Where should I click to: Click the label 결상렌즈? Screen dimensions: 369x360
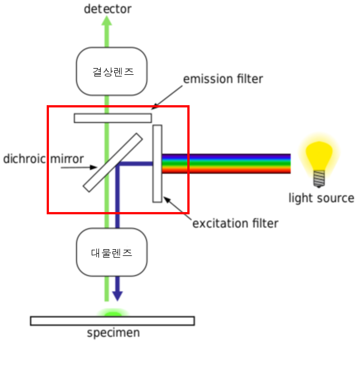click(113, 72)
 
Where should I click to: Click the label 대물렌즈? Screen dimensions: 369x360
click(112, 253)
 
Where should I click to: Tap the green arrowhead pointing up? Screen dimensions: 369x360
click(106, 21)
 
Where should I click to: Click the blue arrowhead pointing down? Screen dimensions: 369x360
click(117, 295)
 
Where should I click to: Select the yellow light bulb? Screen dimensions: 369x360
click(319, 151)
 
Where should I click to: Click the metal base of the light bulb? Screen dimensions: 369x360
click(319, 178)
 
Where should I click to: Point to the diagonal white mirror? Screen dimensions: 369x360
click(112, 163)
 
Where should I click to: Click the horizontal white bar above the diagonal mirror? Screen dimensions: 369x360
click(112, 118)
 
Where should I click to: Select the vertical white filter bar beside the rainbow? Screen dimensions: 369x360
click(157, 163)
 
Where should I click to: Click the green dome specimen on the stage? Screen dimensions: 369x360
click(113, 312)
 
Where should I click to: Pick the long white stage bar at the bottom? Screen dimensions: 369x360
click(112, 321)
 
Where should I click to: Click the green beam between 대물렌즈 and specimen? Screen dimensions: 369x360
click(106, 290)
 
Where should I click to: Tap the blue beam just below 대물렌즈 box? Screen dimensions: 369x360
click(117, 281)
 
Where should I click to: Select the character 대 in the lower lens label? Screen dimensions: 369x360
click(96, 253)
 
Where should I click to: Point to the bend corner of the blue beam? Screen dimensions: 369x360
click(118, 165)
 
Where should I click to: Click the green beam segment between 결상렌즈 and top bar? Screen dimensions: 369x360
click(106, 104)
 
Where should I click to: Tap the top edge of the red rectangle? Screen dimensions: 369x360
click(118, 106)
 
